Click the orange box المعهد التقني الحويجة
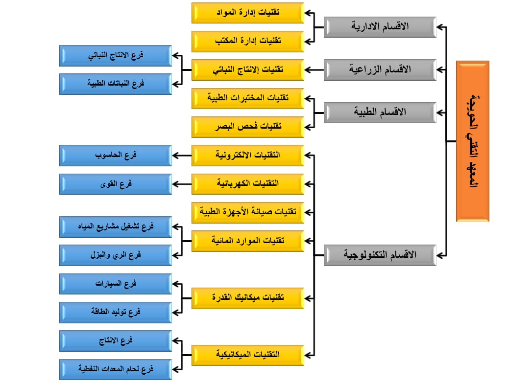[x=472, y=141]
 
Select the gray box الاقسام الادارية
[x=380, y=27]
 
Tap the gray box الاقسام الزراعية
[x=380, y=70]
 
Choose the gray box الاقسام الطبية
[x=380, y=113]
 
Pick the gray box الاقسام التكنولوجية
[x=380, y=255]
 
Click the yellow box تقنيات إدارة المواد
[x=248, y=13]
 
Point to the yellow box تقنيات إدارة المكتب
[x=248, y=42]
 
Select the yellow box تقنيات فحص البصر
[x=248, y=127]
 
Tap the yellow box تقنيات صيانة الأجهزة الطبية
[x=248, y=212]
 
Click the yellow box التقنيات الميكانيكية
[x=248, y=355]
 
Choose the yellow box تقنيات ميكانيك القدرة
[x=248, y=298]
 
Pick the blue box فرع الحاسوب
[x=116, y=156]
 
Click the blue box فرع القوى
[x=116, y=184]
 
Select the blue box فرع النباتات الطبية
[x=116, y=84]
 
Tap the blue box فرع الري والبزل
[x=116, y=255]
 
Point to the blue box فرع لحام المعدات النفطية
[x=116, y=369]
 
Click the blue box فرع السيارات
[x=116, y=284]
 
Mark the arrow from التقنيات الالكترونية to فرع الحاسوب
[x=182, y=156]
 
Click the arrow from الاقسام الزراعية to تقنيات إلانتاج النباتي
[x=314, y=70]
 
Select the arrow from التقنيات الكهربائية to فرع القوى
[x=182, y=184]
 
